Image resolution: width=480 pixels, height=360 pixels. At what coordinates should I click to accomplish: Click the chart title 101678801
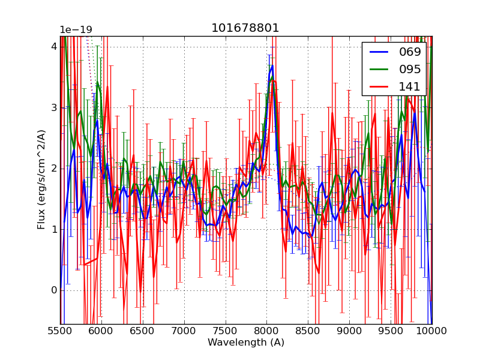245,28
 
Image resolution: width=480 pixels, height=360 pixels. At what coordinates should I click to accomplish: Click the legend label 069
410,52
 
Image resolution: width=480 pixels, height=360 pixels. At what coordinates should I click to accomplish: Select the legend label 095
410,69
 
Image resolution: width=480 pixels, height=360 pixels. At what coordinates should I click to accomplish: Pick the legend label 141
410,86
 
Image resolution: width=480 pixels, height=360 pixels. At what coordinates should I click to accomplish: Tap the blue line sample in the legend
380,52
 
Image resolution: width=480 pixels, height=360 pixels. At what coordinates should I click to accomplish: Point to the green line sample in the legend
380,69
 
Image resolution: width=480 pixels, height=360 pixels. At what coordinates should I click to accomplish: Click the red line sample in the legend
380,86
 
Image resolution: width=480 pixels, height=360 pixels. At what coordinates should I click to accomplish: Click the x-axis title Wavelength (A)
246,343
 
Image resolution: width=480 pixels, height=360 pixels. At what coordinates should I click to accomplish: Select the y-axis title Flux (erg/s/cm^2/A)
41,179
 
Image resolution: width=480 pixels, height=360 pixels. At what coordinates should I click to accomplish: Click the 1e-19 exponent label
76,30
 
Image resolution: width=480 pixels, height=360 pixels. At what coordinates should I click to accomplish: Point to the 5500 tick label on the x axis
60,331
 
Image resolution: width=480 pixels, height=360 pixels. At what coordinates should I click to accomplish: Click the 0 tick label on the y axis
54,290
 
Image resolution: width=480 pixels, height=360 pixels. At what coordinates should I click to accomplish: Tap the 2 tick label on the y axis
54,169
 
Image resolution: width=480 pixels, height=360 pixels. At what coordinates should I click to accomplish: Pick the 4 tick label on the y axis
54,47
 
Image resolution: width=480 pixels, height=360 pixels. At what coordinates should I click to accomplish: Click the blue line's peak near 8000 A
272,65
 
